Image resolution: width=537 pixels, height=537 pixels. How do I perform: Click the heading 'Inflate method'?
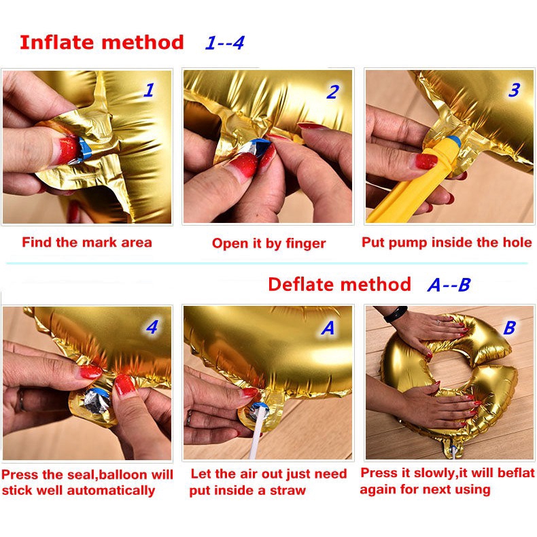click(101, 42)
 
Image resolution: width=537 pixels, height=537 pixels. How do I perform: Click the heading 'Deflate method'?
click(339, 284)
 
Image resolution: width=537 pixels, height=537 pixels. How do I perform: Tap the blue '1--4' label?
click(224, 43)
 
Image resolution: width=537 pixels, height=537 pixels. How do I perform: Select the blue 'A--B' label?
click(448, 285)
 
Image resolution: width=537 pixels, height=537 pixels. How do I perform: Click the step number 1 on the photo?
click(148, 90)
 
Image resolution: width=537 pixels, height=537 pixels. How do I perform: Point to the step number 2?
click(332, 92)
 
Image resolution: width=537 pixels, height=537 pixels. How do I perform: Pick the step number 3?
click(514, 90)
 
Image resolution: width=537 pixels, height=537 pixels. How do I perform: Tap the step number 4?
click(152, 327)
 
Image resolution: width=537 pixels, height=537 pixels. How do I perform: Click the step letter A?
click(328, 328)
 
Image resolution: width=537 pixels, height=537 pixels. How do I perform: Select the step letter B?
click(510, 328)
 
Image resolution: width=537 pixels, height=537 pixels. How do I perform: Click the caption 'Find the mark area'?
click(87, 242)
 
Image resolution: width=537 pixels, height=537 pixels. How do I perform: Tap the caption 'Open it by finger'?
click(268, 243)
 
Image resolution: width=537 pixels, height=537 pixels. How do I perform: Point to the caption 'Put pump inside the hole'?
click(447, 242)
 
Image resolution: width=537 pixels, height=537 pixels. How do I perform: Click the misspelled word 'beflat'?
click(516, 473)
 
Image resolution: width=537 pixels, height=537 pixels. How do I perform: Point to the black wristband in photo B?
click(395, 313)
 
